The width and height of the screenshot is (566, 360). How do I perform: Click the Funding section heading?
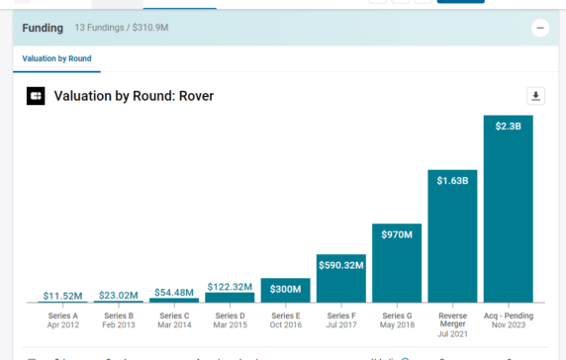[x=43, y=29]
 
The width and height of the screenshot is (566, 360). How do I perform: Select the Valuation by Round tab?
[x=56, y=59]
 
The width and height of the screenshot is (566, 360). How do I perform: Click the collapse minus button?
[x=540, y=29]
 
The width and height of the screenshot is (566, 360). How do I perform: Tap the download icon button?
[x=535, y=96]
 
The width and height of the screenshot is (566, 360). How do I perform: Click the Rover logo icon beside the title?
[x=36, y=97]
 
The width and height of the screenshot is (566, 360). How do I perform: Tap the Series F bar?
[x=340, y=282]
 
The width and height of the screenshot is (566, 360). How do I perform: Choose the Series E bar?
[x=285, y=292]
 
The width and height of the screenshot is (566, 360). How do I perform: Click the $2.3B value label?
[x=509, y=125]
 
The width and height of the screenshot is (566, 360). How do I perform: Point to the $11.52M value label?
[x=61, y=296]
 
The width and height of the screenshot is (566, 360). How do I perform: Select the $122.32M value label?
[x=230, y=287]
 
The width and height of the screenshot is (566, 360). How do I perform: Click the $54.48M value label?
[x=173, y=293]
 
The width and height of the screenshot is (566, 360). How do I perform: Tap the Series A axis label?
[x=62, y=319]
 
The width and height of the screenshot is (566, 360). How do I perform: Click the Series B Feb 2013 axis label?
[x=118, y=319]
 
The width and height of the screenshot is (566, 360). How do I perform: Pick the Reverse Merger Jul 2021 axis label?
[x=452, y=324]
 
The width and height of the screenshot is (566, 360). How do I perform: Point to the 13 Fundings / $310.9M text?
[x=122, y=29]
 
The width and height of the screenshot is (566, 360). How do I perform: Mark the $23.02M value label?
[x=118, y=295]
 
